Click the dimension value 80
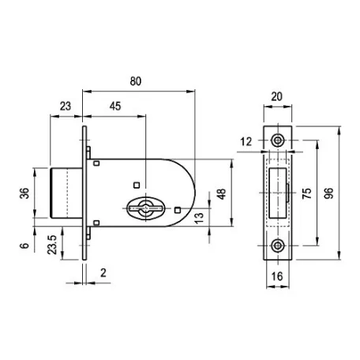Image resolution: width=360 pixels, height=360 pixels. [136, 81]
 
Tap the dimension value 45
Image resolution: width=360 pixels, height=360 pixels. [115, 106]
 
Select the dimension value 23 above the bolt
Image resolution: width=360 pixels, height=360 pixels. [66, 106]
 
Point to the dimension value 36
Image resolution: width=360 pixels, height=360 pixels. [24, 193]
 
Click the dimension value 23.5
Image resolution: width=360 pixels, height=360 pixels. [52, 245]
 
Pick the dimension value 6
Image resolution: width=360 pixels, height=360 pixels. [24, 246]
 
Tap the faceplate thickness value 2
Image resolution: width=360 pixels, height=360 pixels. [103, 273]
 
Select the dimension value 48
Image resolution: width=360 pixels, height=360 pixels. [222, 194]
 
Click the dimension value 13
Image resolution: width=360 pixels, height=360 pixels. [199, 218]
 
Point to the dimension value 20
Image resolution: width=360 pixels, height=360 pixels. [276, 96]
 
